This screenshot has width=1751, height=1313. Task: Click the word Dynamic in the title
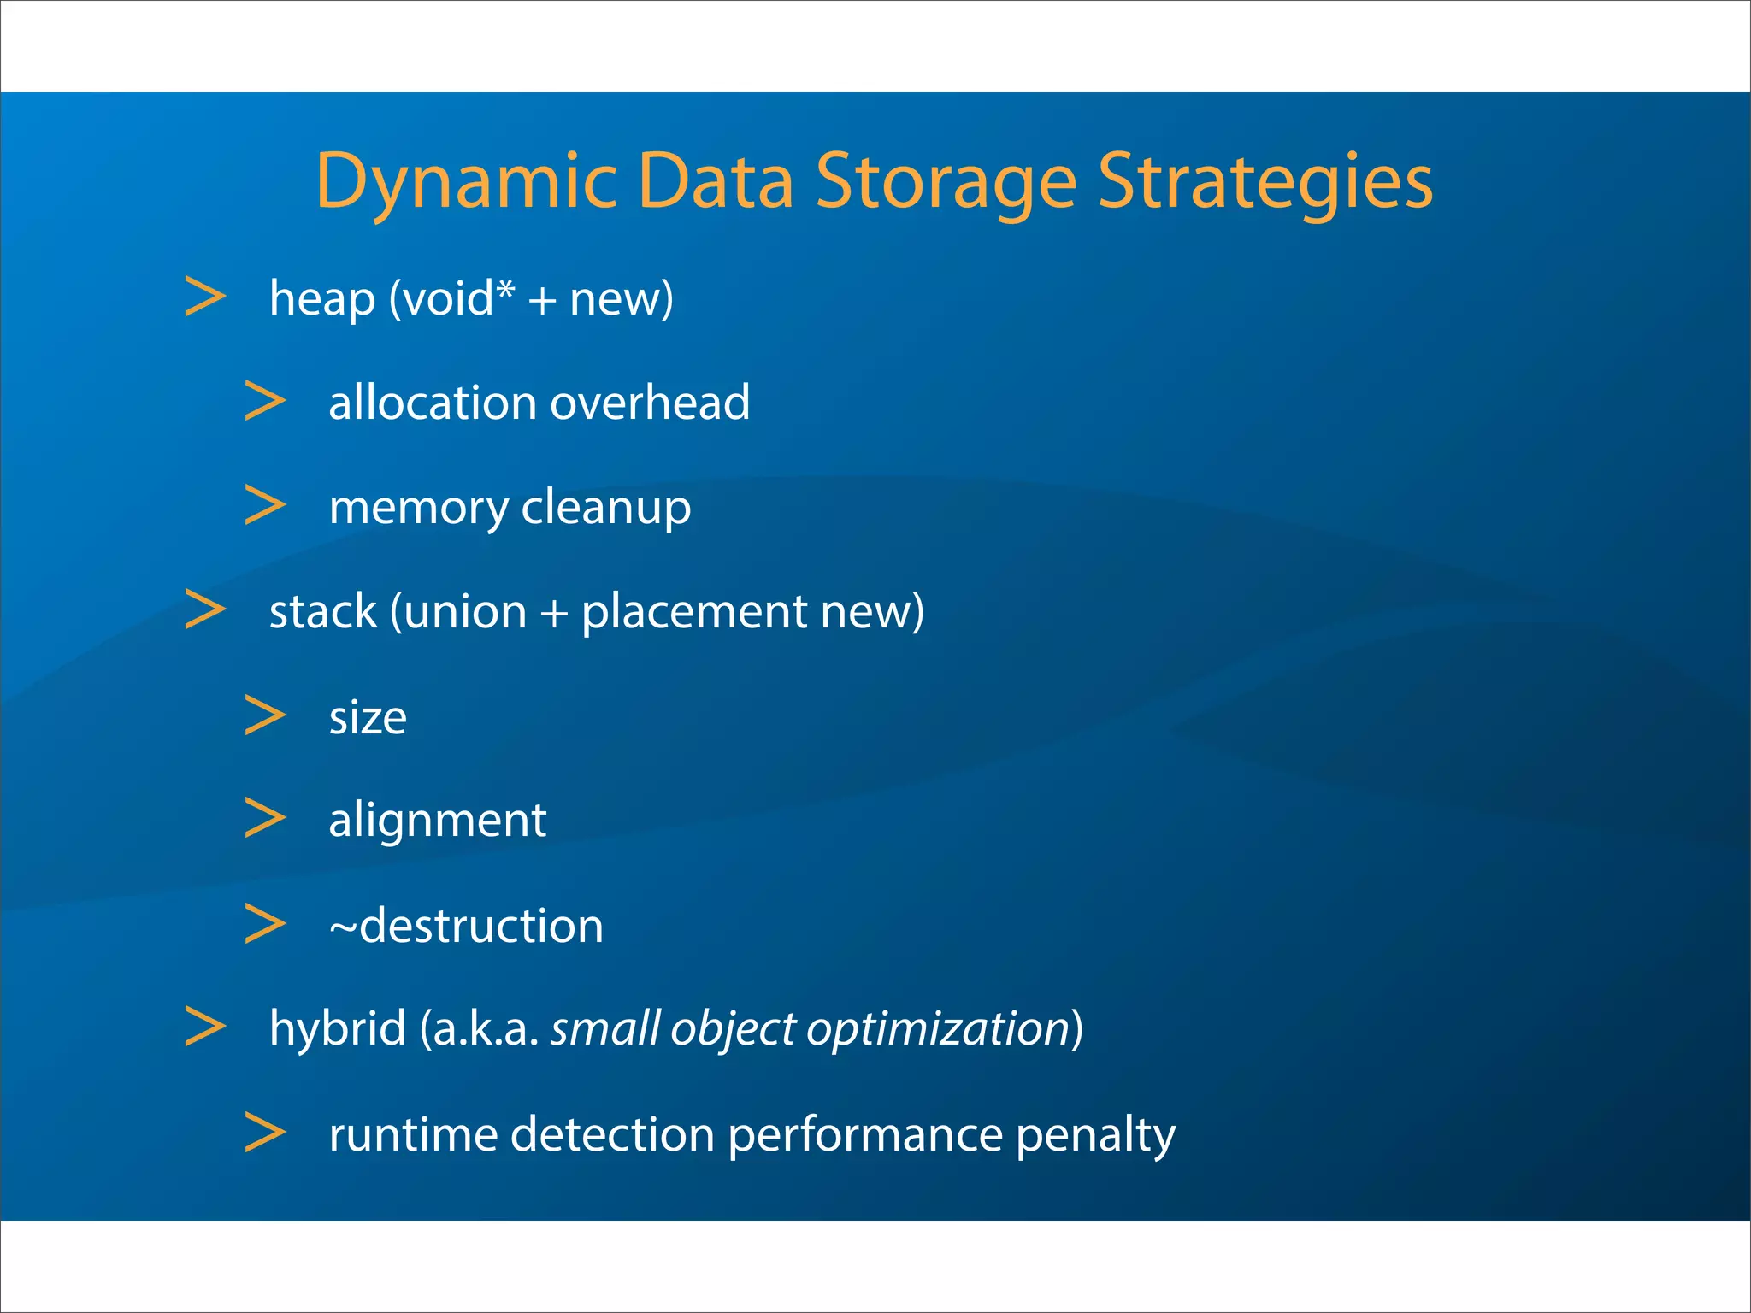(x=466, y=182)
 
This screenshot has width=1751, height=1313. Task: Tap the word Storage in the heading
(x=946, y=182)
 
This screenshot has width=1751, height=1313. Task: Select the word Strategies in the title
(x=1265, y=182)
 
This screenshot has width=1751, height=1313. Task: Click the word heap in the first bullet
(x=322, y=300)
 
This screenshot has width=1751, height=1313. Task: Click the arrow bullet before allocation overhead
(x=264, y=401)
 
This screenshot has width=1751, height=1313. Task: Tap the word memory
(x=419, y=509)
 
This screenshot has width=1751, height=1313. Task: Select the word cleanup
(x=605, y=509)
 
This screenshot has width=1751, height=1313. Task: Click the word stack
(x=323, y=612)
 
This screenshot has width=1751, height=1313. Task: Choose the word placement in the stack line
(x=693, y=612)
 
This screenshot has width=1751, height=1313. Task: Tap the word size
(x=368, y=718)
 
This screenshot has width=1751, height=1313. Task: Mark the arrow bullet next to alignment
(x=264, y=818)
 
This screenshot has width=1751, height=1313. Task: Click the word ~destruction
(x=466, y=926)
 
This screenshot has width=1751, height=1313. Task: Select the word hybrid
(x=338, y=1028)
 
